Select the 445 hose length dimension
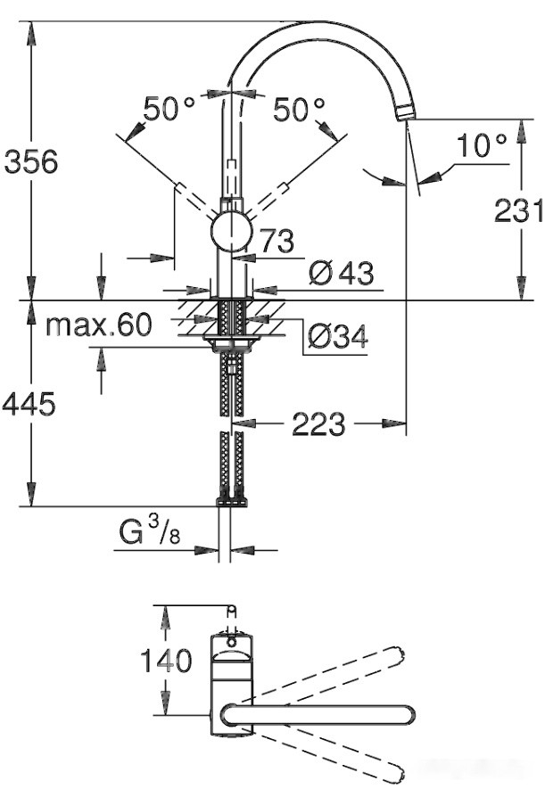coord(29,404)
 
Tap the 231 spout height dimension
coord(519,210)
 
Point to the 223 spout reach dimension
coord(318,424)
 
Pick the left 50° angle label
coord(169,110)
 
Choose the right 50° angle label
coord(299,110)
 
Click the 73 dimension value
coord(277,240)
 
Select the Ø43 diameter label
coord(341,274)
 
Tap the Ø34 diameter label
coord(337,337)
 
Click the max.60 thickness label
coord(99,325)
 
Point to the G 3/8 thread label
coord(149,533)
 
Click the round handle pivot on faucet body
coord(232,233)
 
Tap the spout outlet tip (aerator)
coord(406,112)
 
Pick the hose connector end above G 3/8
coord(231,502)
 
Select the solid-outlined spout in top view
coord(317,714)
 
